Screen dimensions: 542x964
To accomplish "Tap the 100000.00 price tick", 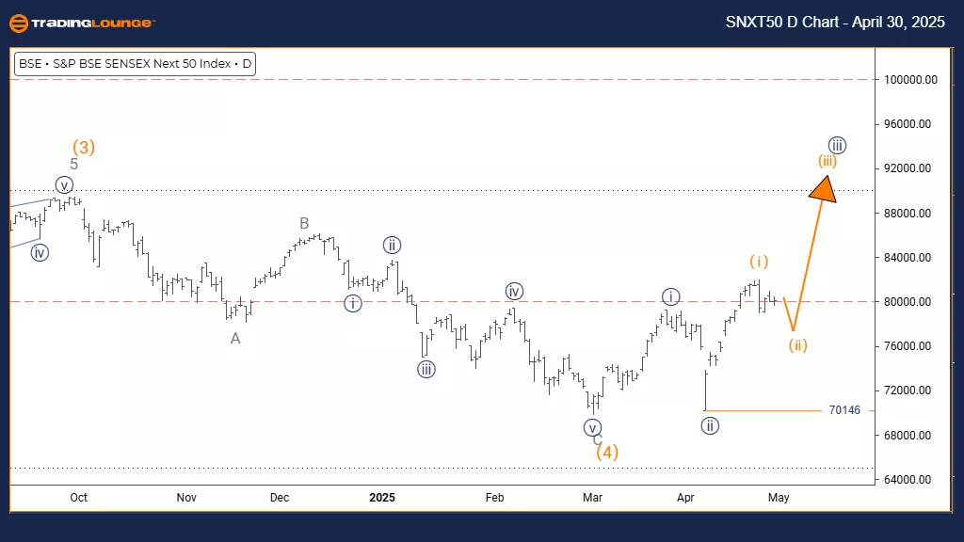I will [909, 80].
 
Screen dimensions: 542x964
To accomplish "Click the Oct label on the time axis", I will [79, 497].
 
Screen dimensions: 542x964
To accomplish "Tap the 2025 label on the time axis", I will [383, 497].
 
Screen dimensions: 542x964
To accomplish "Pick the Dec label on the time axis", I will [281, 497].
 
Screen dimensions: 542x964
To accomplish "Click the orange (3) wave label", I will [84, 147].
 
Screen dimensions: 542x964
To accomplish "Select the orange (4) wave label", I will [607, 452].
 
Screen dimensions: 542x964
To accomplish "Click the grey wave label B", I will [305, 223].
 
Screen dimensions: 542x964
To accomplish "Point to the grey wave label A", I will [235, 338].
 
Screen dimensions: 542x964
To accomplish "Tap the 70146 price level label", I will [843, 410].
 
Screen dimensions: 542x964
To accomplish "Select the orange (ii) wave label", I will [798, 344].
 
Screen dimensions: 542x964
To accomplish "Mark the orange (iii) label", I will [827, 160].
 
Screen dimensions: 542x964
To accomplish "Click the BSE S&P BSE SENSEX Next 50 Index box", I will [136, 64].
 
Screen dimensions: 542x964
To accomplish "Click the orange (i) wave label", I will [760, 261].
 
